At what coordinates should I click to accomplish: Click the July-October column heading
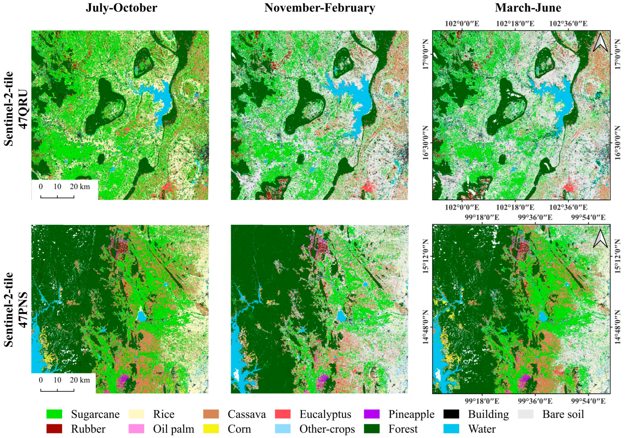coord(121,8)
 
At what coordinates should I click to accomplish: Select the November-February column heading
coord(319,8)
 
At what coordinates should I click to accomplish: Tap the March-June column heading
coord(528,8)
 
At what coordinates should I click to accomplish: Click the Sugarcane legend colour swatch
coord(54,414)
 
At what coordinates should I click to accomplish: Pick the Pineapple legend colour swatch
coord(371,414)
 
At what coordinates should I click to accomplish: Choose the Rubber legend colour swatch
coord(54,429)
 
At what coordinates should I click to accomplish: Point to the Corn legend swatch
coord(211,429)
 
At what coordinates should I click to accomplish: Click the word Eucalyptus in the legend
coord(325,414)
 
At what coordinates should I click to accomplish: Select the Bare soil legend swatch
coord(526,414)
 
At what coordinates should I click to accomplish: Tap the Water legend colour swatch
coord(451,429)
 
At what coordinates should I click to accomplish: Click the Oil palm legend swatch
coord(136,429)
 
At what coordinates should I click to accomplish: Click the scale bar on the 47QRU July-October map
coord(57,197)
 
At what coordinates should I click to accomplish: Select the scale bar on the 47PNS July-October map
coord(57,390)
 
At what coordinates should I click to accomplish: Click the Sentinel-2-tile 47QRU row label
coord(16,109)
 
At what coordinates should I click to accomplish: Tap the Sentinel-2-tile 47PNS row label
coord(16,309)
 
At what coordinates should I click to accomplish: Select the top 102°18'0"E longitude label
coord(515,24)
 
